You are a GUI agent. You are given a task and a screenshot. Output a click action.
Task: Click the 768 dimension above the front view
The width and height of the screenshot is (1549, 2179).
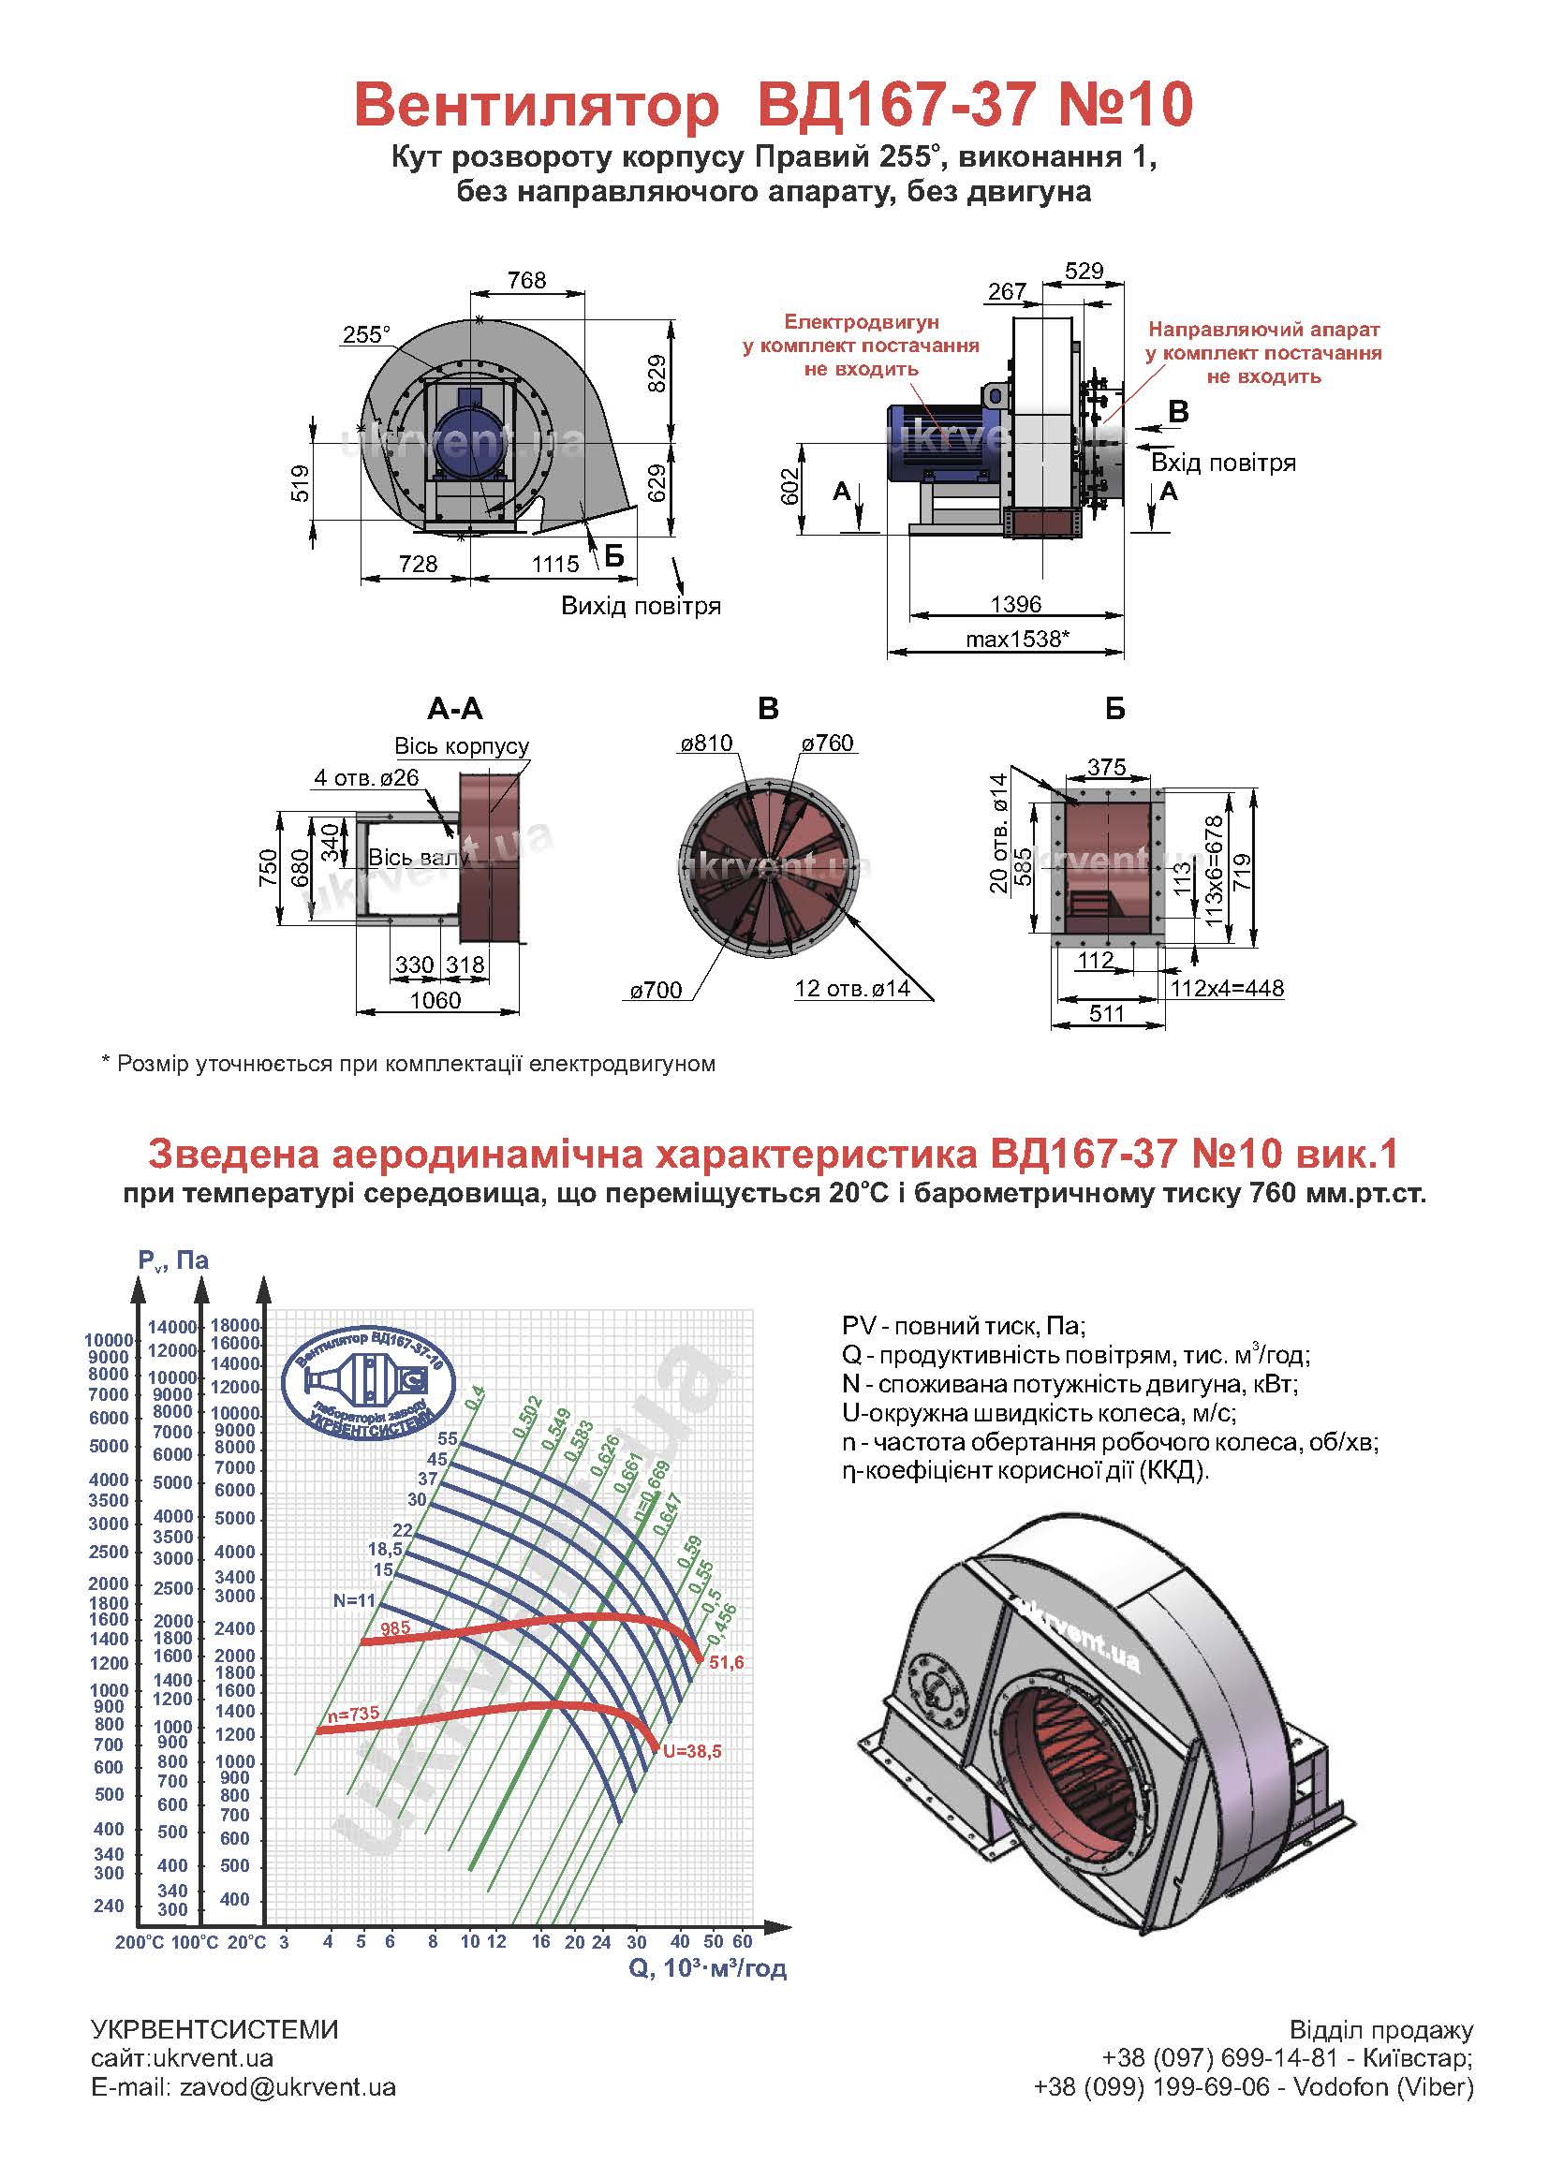coord(526,279)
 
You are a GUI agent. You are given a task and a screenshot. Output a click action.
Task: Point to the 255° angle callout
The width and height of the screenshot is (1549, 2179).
coord(367,334)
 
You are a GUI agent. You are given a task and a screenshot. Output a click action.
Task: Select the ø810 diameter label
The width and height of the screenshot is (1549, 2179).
coord(706,743)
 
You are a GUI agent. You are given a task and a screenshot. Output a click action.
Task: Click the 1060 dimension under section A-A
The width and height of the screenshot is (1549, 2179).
coord(435,999)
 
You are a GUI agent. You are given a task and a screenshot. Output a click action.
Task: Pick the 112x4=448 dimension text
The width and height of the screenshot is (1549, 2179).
coord(1228,988)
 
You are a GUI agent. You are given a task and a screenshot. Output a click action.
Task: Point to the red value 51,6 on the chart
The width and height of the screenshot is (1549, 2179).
coord(725,1662)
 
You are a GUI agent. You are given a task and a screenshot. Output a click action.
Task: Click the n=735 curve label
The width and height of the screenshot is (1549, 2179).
coord(353,1714)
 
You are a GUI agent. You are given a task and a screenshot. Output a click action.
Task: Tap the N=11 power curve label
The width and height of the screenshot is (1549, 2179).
coord(354,1601)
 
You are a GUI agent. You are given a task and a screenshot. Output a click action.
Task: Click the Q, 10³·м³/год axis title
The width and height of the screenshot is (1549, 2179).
coord(708,1967)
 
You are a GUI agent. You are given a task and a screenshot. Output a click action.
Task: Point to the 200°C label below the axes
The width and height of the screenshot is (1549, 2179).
coord(140,1942)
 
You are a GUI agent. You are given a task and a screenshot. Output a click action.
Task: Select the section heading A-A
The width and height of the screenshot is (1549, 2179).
coord(455,709)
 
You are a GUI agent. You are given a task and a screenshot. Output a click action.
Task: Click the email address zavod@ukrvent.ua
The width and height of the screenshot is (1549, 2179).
coord(288,2087)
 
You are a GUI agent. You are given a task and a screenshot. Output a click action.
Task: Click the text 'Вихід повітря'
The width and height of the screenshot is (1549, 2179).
coord(640,606)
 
